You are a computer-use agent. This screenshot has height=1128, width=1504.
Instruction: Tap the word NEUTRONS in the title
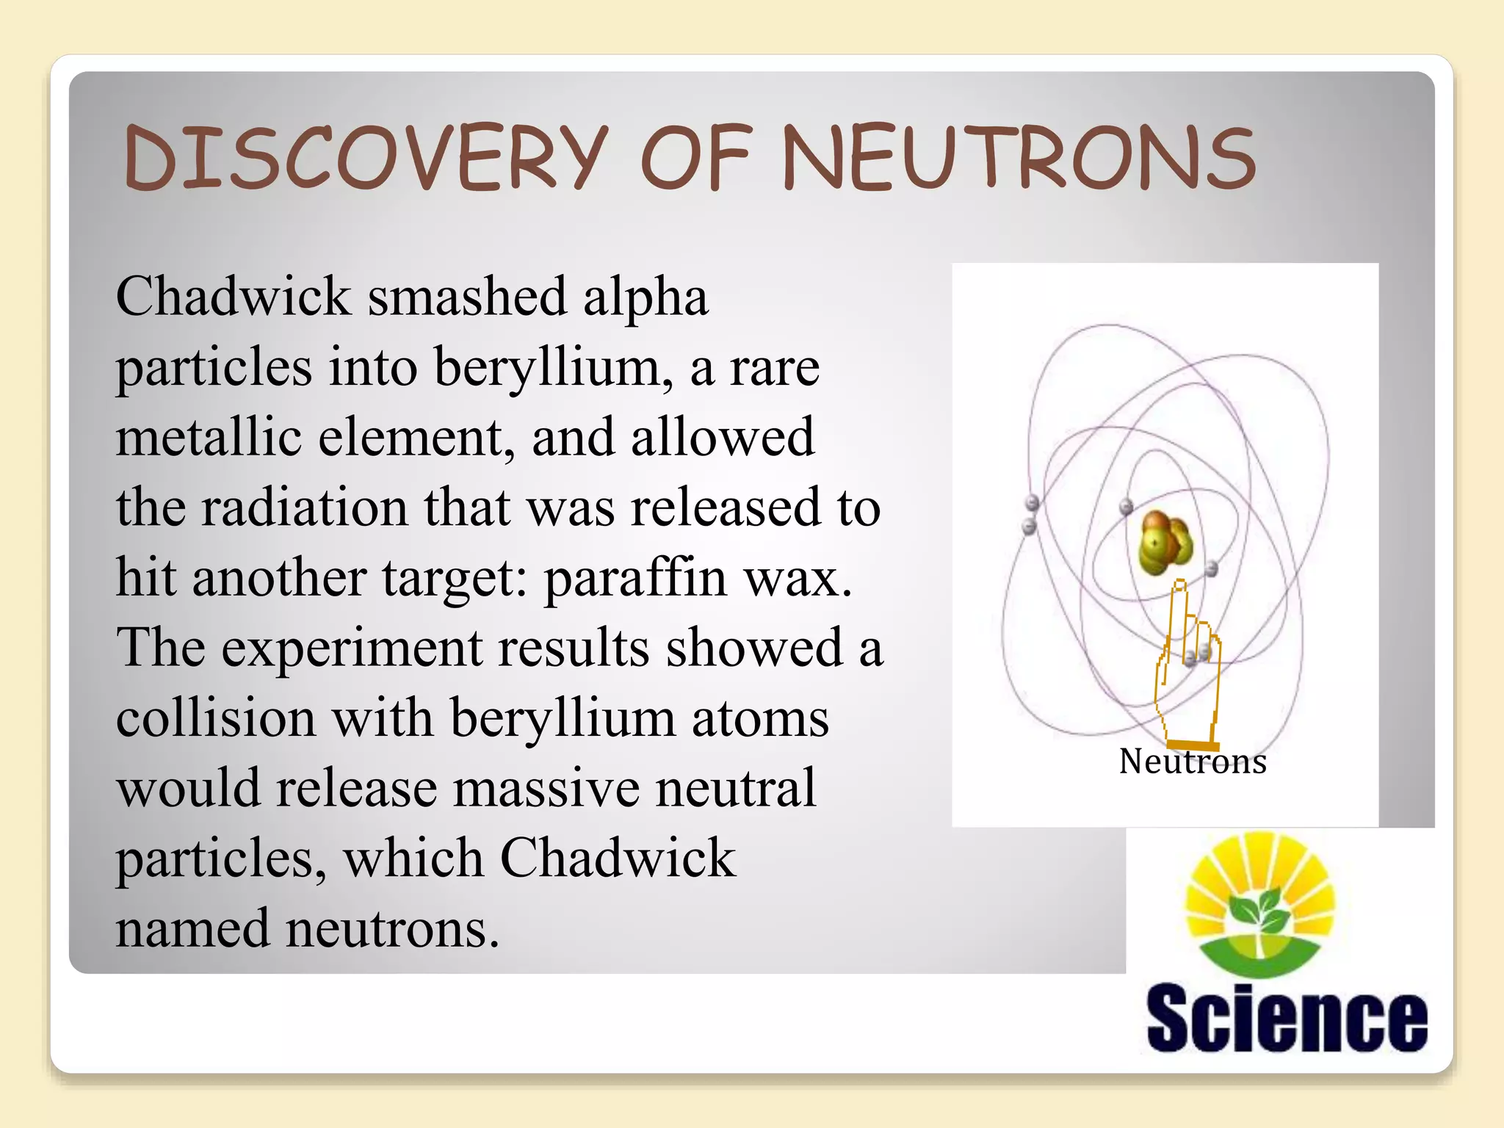[x=1018, y=158]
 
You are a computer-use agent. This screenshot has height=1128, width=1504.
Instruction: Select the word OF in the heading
[x=695, y=158]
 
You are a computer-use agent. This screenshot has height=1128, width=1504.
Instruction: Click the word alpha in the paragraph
[x=646, y=297]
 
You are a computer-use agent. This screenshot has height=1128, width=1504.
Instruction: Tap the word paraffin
[x=635, y=579]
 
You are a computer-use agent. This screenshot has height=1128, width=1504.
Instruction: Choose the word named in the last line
[x=192, y=928]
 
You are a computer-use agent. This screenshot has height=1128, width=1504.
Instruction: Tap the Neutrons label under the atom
[x=1193, y=762]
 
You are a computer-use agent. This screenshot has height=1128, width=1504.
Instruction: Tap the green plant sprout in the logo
[x=1260, y=911]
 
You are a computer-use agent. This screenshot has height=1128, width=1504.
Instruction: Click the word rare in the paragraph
[x=774, y=367]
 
